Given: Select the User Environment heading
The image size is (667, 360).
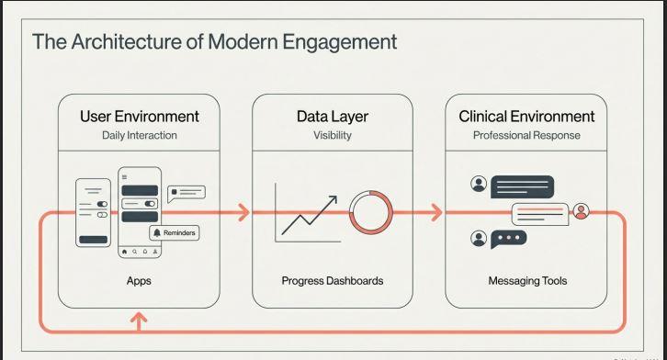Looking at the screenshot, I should click(x=139, y=117).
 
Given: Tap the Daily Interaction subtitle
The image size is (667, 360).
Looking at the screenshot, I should click(x=139, y=136).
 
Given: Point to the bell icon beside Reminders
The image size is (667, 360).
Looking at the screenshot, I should click(x=156, y=233).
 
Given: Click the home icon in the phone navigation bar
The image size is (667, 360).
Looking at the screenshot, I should click(x=125, y=250).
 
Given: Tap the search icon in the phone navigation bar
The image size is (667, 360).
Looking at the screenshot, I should click(x=134, y=250).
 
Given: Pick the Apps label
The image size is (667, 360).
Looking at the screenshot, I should click(x=139, y=281).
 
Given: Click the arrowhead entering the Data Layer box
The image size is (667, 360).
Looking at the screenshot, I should click(x=243, y=213).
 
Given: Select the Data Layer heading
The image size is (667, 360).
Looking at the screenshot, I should click(x=332, y=117).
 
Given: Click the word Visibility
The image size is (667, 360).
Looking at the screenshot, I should click(x=332, y=136).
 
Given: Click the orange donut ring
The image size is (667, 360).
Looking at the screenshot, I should click(x=370, y=213).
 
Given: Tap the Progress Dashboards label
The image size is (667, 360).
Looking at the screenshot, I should click(x=332, y=281).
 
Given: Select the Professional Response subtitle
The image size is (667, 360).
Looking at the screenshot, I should click(x=526, y=136).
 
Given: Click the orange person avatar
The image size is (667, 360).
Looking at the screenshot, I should click(x=581, y=212).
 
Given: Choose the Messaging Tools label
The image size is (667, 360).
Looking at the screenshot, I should click(x=526, y=281).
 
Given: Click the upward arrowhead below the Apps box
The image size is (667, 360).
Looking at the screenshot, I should click(x=139, y=318).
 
